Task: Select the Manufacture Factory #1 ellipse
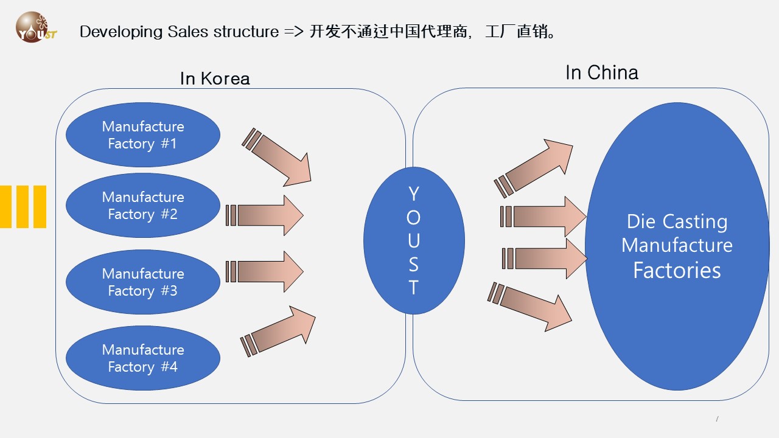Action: pyautogui.click(x=142, y=135)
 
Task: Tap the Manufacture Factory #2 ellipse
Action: pyautogui.click(x=142, y=206)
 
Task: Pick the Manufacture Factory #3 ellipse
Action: pyautogui.click(x=142, y=282)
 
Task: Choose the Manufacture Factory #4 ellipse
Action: pyautogui.click(x=142, y=358)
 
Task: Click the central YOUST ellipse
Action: pyautogui.click(x=414, y=240)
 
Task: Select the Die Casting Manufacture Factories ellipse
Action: pyautogui.click(x=677, y=246)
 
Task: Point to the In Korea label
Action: pyautogui.click(x=215, y=78)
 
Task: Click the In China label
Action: pyautogui.click(x=601, y=73)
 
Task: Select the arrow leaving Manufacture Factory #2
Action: pyautogui.click(x=268, y=215)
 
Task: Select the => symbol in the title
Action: pyautogui.click(x=294, y=32)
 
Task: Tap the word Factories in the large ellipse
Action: pyautogui.click(x=677, y=270)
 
